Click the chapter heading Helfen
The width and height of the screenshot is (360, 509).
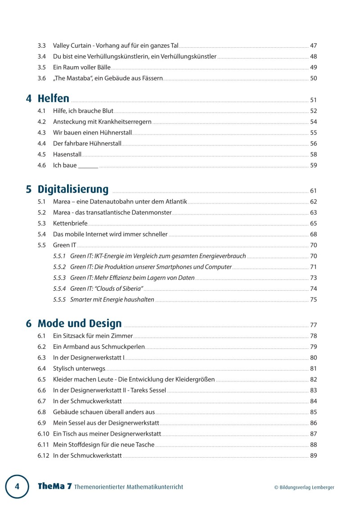click(x=54, y=99)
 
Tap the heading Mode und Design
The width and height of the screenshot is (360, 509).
click(x=80, y=323)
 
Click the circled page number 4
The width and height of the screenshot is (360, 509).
click(x=17, y=486)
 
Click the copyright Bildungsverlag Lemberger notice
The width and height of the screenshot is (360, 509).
click(x=304, y=487)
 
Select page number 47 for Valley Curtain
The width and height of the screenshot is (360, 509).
click(x=314, y=45)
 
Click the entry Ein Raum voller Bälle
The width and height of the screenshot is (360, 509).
click(x=81, y=68)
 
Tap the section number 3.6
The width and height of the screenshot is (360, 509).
click(x=42, y=78)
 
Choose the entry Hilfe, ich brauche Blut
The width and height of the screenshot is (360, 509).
click(x=83, y=111)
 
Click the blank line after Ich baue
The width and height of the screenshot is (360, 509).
click(x=88, y=166)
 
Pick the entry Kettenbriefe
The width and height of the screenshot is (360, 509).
click(x=70, y=223)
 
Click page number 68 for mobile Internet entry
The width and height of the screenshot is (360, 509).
click(x=314, y=234)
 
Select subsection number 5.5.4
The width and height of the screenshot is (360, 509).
click(x=59, y=288)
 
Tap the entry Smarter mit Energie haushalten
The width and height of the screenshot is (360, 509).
click(x=112, y=299)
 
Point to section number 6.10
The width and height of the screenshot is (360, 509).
click(x=43, y=434)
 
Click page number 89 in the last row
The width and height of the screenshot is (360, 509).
click(x=314, y=455)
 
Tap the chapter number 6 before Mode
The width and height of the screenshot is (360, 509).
click(x=29, y=324)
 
